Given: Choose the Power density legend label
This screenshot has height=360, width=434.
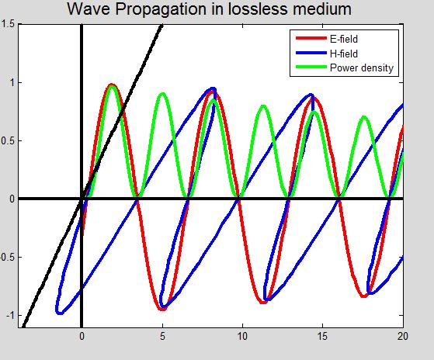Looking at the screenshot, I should [362, 67].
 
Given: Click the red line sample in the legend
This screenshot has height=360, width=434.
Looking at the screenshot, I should [309, 38].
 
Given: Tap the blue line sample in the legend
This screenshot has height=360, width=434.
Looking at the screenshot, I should [309, 53].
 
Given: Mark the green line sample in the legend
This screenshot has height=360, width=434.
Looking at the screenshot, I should [309, 67].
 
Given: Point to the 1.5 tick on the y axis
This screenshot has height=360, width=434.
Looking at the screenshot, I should [6, 25].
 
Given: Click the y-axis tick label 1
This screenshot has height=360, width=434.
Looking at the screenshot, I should [10, 82].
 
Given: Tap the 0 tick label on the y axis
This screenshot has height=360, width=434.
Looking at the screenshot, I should [10, 199].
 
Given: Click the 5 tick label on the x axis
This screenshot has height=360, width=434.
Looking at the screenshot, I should [162, 336].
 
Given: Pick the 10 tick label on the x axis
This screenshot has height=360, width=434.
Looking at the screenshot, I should [242, 336].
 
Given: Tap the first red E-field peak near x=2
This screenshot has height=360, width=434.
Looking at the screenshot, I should [112, 85].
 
